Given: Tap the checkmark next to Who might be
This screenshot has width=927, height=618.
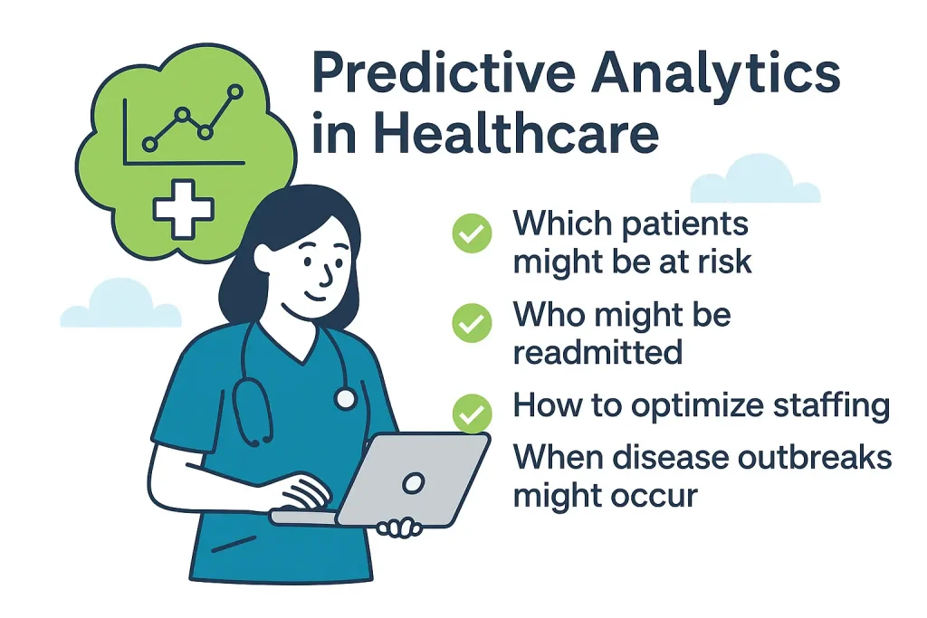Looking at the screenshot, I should tap(472, 323).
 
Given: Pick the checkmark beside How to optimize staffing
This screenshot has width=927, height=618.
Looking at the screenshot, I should tap(472, 414).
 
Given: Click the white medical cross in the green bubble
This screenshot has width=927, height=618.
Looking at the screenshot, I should tap(183, 208).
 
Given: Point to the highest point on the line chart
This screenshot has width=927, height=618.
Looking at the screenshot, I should tap(236, 91).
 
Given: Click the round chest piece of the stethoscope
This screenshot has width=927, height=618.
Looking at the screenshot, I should tap(345, 397).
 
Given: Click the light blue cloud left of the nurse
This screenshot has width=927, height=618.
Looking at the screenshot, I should tap(119, 305).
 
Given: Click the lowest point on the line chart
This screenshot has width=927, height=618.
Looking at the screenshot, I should tap(150, 144).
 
